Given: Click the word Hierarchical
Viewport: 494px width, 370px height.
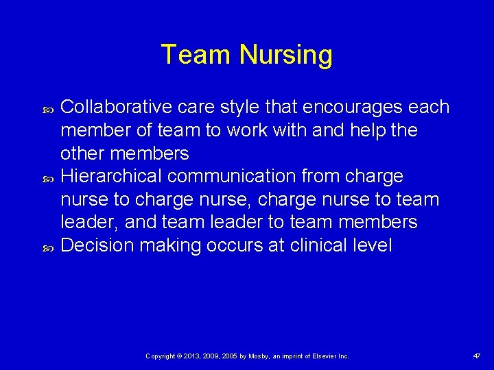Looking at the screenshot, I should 111,176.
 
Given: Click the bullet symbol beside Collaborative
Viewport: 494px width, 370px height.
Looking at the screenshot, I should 47,108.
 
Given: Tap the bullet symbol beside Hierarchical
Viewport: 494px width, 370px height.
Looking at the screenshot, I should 47,177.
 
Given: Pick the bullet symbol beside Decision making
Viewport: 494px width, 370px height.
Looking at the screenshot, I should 47,245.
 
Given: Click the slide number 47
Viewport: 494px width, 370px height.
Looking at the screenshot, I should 476,356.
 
